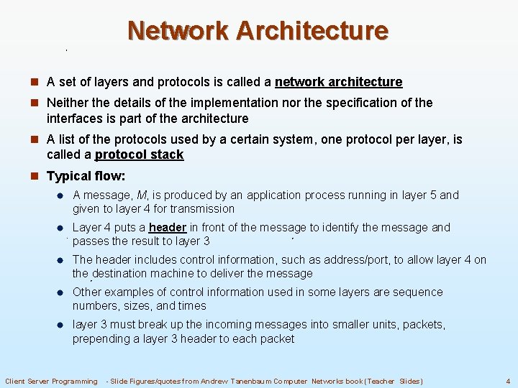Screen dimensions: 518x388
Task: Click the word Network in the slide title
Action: [178, 31]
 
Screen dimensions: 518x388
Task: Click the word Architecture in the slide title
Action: [312, 31]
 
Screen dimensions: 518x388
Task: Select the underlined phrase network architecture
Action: [338, 83]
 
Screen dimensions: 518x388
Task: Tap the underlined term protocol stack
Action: [139, 155]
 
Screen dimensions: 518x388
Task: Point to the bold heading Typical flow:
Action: [86, 176]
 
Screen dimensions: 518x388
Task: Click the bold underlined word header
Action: [168, 228]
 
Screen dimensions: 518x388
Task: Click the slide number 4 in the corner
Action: [508, 381]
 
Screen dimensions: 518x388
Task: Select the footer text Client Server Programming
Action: [52, 381]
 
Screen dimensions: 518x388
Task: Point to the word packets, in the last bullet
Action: [424, 325]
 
